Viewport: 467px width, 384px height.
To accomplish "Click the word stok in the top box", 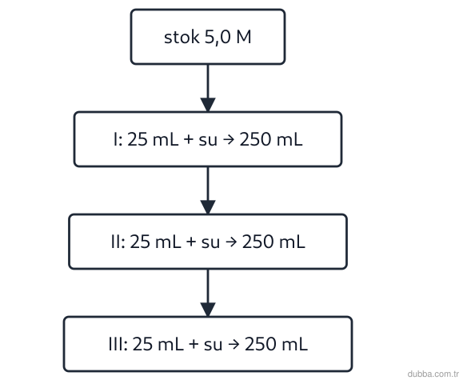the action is (x=182, y=38).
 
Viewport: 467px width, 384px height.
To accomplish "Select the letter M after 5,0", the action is (x=244, y=38).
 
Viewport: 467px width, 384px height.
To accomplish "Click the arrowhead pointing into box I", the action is (x=208, y=104).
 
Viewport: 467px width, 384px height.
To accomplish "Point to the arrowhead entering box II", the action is (x=208, y=207).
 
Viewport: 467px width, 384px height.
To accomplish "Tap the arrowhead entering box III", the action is (x=208, y=310).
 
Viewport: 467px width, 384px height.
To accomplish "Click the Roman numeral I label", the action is (x=116, y=139).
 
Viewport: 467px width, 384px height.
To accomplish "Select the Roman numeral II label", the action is (x=116, y=242).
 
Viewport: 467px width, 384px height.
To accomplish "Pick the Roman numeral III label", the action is (x=117, y=344).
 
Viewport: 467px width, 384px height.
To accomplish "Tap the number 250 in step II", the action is (x=258, y=242).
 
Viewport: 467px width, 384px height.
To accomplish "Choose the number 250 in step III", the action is (x=261, y=344).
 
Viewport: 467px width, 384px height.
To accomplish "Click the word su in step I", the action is (x=208, y=140).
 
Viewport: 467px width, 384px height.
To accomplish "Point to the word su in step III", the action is (x=213, y=346).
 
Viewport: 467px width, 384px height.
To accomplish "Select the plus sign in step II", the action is (x=191, y=242).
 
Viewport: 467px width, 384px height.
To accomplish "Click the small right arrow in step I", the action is (x=229, y=139).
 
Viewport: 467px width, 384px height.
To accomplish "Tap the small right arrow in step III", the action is (x=233, y=344).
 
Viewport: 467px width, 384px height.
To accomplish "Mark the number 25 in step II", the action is (x=140, y=242).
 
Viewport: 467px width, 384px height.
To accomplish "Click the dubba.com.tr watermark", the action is (x=433, y=374).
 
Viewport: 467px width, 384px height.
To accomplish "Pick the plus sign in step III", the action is (x=194, y=344).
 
